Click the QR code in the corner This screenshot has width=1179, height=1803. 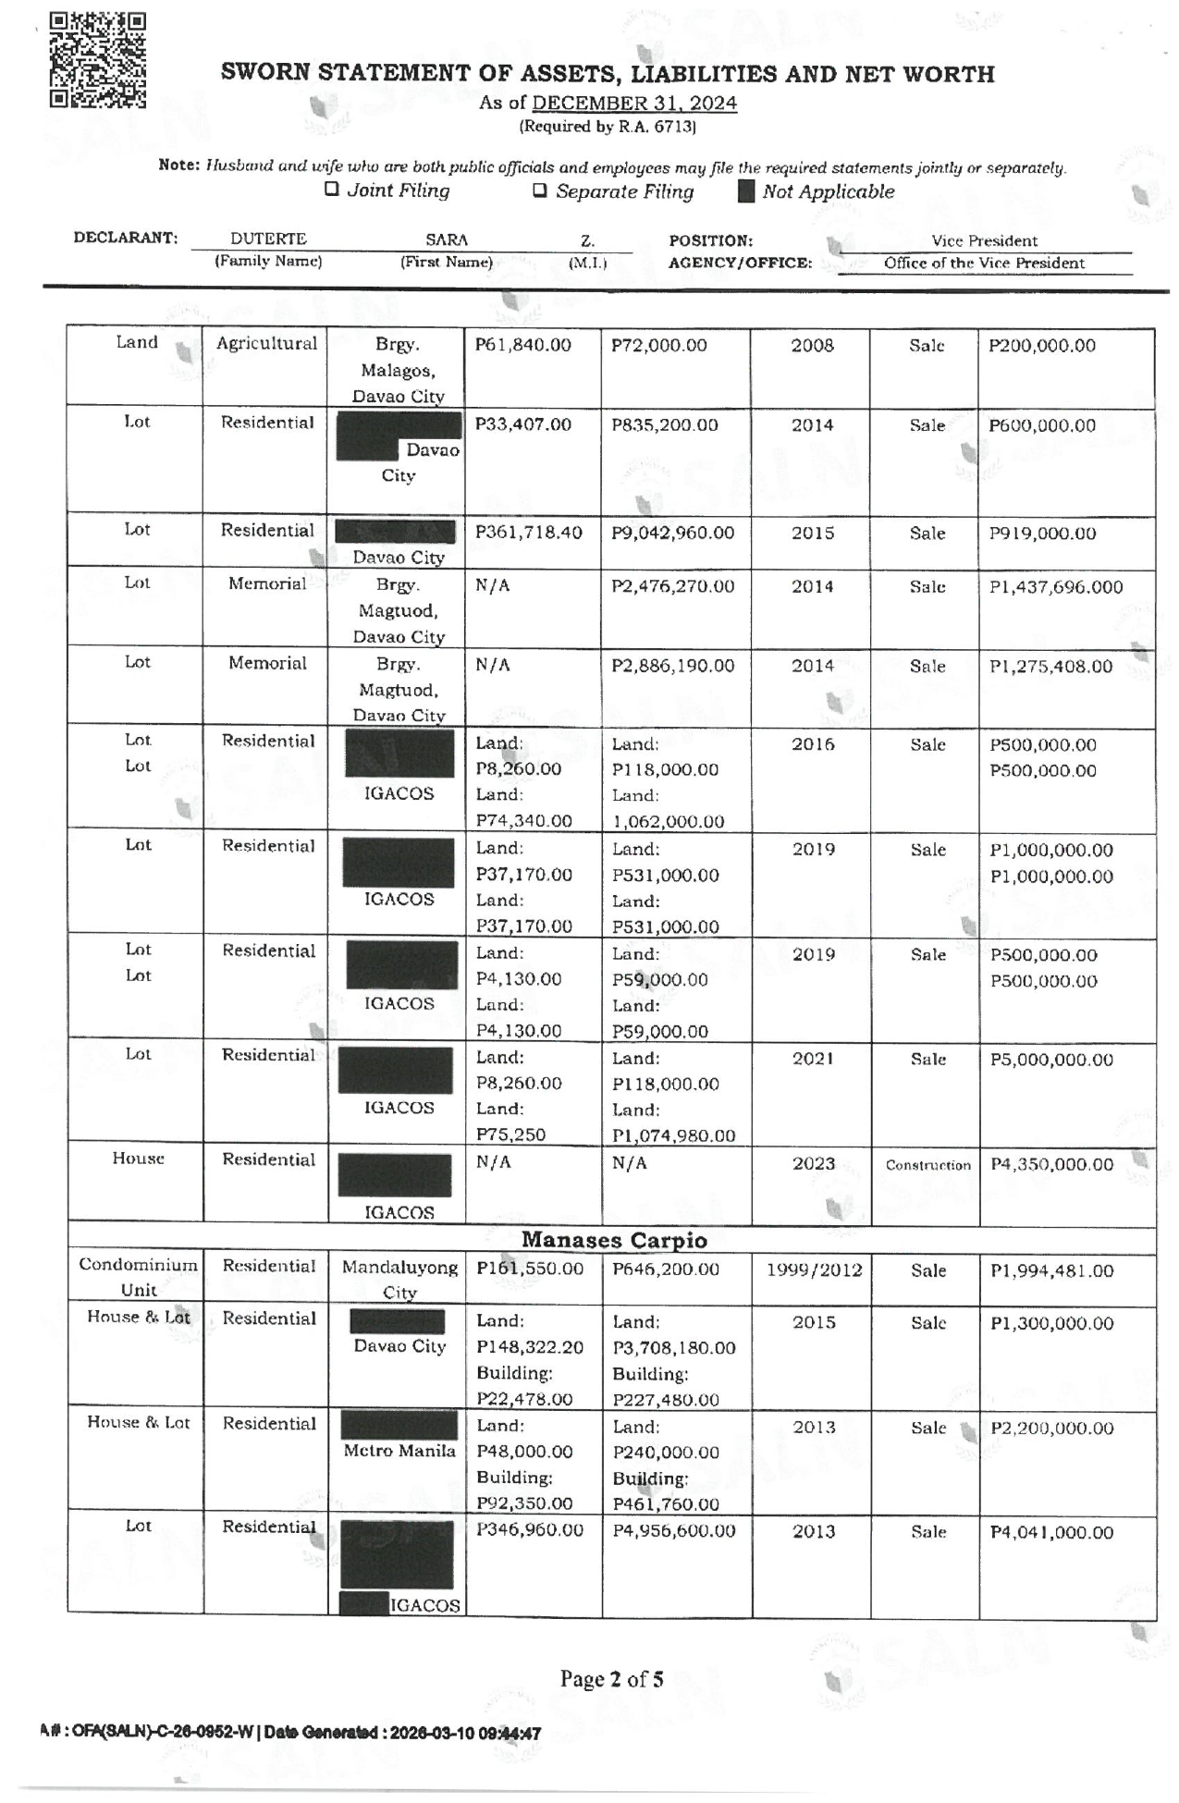[97, 61]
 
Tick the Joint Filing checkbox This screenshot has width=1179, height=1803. [331, 190]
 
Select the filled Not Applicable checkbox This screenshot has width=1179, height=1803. [746, 191]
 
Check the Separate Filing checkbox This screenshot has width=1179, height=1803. [540, 191]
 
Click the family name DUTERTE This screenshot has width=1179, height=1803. [268, 239]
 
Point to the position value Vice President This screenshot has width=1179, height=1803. [984, 240]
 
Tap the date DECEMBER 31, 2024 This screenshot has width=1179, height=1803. [634, 103]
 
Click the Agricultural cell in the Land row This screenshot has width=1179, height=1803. [266, 344]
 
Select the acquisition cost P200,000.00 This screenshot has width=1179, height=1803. [1041, 346]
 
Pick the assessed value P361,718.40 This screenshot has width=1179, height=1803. [528, 533]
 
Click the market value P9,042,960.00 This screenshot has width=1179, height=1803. [672, 533]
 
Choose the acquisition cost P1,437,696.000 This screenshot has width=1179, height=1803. [1055, 586]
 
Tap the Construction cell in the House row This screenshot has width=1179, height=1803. [927, 1165]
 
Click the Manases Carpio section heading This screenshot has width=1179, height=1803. [614, 1240]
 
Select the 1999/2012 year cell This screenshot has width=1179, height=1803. [814, 1270]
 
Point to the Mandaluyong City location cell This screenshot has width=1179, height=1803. [399, 1279]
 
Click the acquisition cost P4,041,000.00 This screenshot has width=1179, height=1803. [1051, 1532]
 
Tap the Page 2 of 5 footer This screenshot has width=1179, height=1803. [611, 1679]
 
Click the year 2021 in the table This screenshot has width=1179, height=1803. [813, 1059]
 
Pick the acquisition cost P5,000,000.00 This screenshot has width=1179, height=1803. [1051, 1060]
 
